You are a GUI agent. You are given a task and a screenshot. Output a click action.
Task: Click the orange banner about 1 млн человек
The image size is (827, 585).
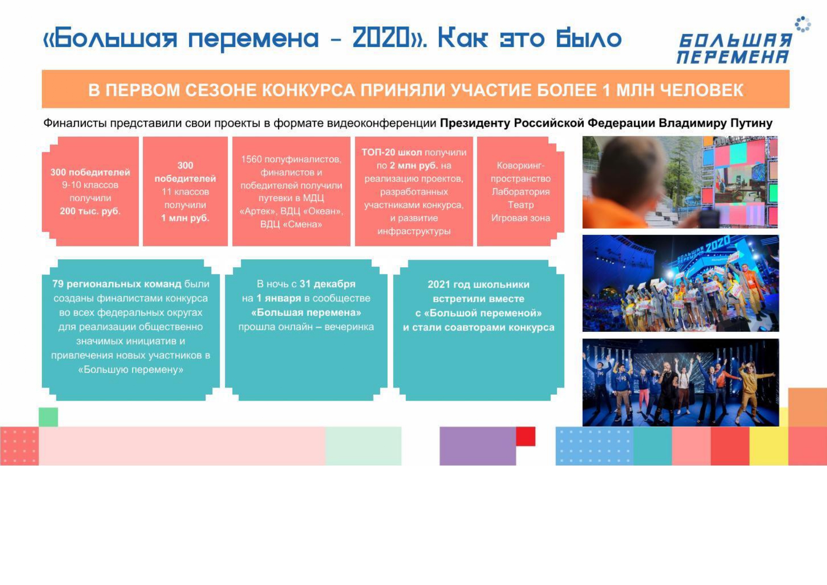click(x=415, y=89)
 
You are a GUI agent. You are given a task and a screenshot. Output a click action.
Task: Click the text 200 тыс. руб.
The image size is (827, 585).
click(x=90, y=211)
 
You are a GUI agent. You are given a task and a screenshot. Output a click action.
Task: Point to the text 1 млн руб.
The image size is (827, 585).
click(x=185, y=218)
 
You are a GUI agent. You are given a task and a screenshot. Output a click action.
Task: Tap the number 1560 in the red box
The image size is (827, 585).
click(x=251, y=159)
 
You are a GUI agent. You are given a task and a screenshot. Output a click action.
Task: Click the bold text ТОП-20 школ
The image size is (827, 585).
click(x=391, y=152)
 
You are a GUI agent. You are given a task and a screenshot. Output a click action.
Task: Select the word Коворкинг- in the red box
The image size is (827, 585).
click(x=521, y=165)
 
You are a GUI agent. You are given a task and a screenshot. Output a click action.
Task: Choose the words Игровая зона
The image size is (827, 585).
click(x=521, y=218)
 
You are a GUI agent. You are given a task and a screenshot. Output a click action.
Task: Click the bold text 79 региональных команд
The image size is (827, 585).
click(x=116, y=284)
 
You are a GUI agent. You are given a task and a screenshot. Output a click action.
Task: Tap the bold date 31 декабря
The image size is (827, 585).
click(x=327, y=284)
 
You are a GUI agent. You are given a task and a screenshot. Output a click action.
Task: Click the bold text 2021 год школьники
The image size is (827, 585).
click(x=478, y=284)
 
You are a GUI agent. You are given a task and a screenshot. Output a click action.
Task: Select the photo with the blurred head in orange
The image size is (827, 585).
click(x=680, y=182)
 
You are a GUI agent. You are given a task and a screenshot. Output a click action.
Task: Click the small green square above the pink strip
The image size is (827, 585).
click(x=48, y=417)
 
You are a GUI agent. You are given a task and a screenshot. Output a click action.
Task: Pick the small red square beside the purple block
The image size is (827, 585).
click(x=526, y=436)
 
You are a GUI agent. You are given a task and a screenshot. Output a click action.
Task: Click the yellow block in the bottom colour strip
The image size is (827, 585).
click(x=769, y=446)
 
